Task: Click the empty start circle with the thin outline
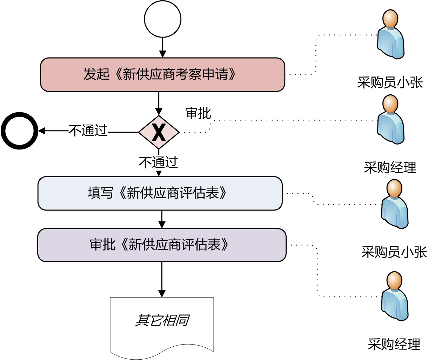click(162, 19)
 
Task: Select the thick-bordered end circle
click(19, 131)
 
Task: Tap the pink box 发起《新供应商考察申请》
click(162, 75)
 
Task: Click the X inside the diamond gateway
click(159, 133)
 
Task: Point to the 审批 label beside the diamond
click(198, 114)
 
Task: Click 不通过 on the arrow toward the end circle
click(88, 131)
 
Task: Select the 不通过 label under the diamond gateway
click(159, 162)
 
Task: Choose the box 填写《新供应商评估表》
click(160, 193)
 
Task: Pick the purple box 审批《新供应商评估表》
click(162, 245)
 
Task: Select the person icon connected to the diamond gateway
click(390, 120)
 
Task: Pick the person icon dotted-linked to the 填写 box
click(395, 204)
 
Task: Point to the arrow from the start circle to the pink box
click(162, 47)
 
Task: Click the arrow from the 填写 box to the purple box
click(162, 220)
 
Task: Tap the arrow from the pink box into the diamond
click(159, 104)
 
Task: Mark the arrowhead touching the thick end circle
click(42, 131)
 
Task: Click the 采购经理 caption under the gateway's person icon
click(390, 167)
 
